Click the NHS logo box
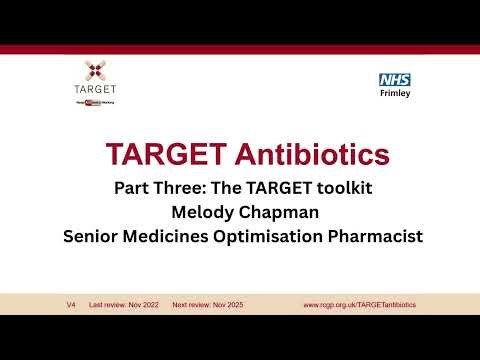395,79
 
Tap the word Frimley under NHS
395,94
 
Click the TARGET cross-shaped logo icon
96,70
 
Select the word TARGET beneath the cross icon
96,90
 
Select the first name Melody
203,212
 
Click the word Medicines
173,237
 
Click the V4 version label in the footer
70,304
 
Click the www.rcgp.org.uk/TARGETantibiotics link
359,304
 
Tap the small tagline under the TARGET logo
96,101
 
